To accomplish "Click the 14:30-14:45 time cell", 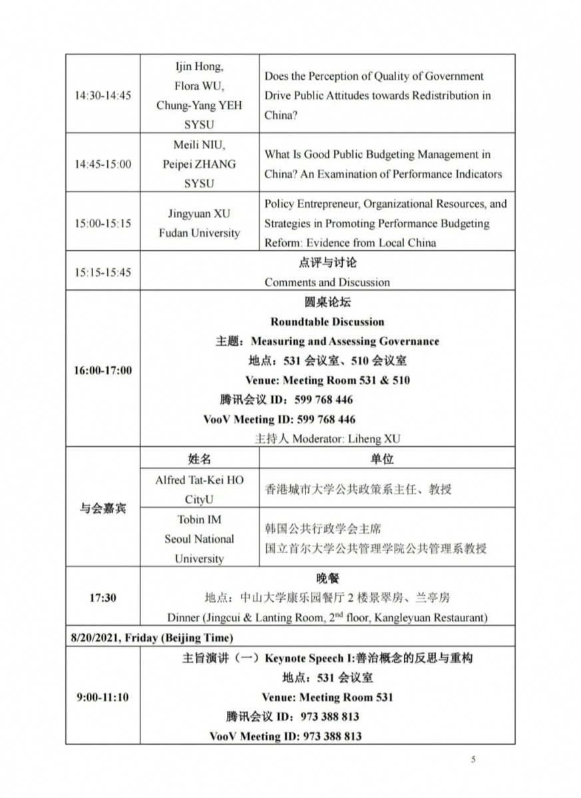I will click(x=102, y=95).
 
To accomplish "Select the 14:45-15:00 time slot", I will click(x=102, y=164).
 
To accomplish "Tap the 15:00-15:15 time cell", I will click(x=102, y=223).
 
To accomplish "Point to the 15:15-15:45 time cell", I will click(x=102, y=272).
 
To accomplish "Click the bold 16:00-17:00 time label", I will click(x=102, y=370).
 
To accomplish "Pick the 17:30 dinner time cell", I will click(x=102, y=597).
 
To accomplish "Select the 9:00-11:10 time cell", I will click(x=102, y=697).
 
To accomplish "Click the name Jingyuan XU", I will click(x=199, y=214).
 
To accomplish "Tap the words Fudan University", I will click(x=199, y=233).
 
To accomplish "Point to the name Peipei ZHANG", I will click(x=199, y=164).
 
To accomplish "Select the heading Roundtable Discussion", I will click(x=327, y=322).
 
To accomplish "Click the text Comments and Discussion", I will click(x=327, y=282).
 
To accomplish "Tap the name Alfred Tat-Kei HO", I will click(x=199, y=480).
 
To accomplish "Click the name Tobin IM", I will click(x=199, y=519).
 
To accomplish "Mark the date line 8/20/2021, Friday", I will click(x=152, y=638).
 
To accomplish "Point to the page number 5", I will click(x=473, y=759).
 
